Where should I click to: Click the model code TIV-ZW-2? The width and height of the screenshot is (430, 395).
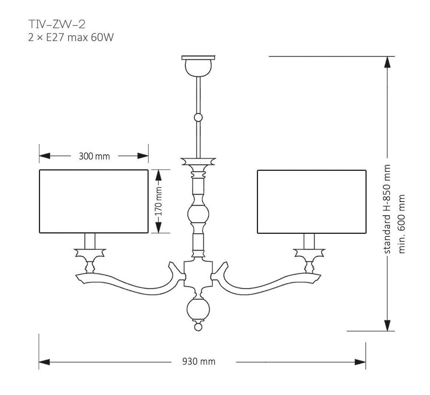pos(57,24)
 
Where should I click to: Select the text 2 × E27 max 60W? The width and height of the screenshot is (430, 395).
pos(70,37)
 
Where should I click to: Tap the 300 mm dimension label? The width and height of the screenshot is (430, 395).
pos(94,156)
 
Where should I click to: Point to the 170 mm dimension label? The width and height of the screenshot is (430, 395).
pos(159,202)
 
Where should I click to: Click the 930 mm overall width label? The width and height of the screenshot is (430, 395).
pos(199,361)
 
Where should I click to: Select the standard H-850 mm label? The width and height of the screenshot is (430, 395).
pos(387,209)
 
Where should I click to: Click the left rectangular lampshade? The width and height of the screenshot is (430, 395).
pos(94,201)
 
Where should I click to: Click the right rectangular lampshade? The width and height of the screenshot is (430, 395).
pos(312,201)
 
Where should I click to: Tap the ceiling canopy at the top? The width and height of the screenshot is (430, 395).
pos(198,65)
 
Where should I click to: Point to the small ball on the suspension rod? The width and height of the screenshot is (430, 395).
pos(199,118)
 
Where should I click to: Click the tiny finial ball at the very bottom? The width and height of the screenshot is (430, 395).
pos(198,327)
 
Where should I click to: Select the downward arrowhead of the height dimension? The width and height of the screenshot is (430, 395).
pos(387,325)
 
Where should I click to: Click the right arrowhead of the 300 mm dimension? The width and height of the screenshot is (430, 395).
pos(143,156)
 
